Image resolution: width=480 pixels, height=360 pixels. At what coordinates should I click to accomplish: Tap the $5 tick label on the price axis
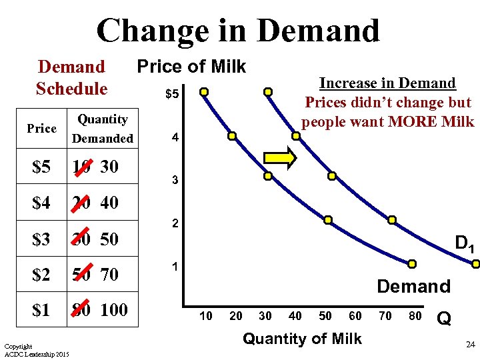pos(171,94)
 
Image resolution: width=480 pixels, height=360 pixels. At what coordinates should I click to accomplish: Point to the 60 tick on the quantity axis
pos(355,315)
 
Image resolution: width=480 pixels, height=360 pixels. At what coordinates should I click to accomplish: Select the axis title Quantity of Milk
pos(302,339)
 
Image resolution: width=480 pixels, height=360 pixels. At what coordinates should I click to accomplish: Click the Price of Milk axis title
pos(191,67)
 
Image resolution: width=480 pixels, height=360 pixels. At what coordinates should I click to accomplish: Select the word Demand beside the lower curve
pos(413,287)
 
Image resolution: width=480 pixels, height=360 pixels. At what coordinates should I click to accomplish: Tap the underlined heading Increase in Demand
pos(387,84)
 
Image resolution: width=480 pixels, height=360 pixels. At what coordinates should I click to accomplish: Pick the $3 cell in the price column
pos(41,239)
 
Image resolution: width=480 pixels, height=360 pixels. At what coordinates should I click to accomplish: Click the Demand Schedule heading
pos(71,77)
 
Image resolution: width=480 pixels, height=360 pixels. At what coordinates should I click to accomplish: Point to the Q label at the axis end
pos(444,319)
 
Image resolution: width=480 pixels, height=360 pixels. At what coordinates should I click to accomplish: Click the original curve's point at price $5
pos(204,91)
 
